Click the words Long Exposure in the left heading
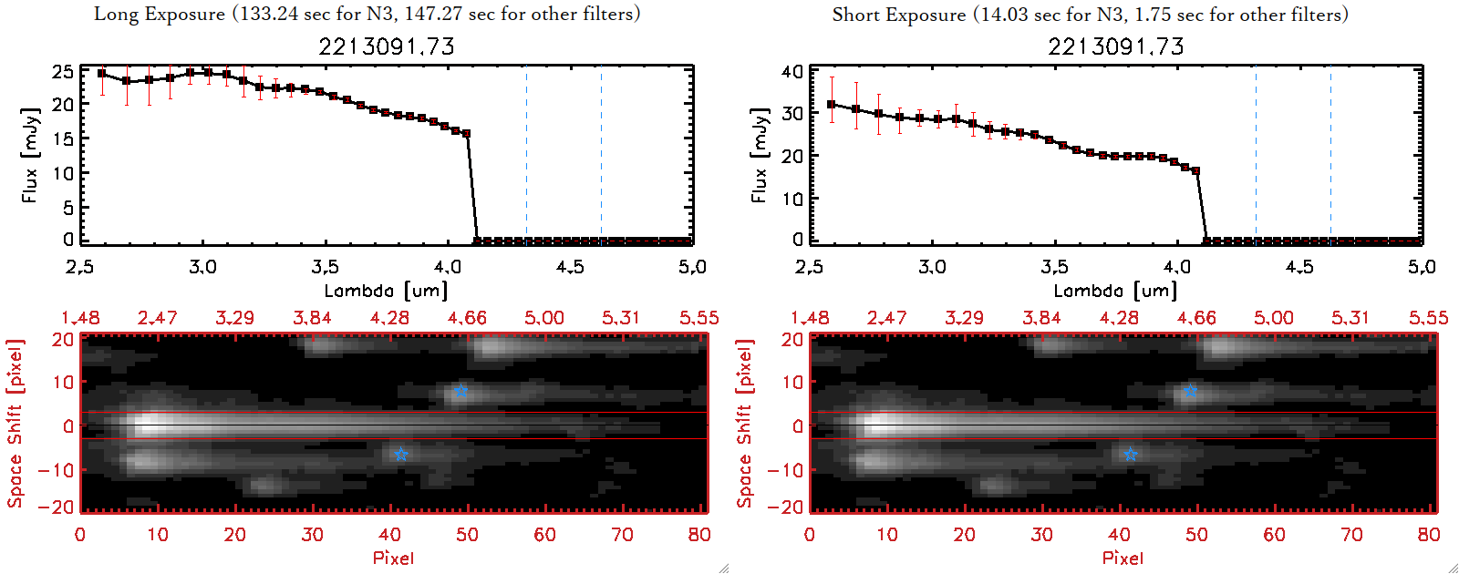pyautogui.click(x=160, y=14)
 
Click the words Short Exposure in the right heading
pyautogui.click(x=898, y=15)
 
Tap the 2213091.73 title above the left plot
pyautogui.click(x=387, y=46)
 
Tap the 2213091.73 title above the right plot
pyautogui.click(x=1116, y=46)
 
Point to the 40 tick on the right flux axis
pyautogui.click(x=792, y=72)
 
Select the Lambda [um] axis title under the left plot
pyautogui.click(x=386, y=291)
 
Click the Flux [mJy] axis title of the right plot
pyautogui.click(x=759, y=155)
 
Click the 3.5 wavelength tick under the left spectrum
pyautogui.click(x=325, y=267)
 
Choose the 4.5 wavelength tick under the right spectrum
pyautogui.click(x=1299, y=267)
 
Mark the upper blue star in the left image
pyautogui.click(x=460, y=391)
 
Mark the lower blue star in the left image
pyautogui.click(x=400, y=454)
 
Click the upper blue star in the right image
pyautogui.click(x=1190, y=391)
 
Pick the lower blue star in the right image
pyautogui.click(x=1130, y=454)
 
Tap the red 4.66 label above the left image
pyautogui.click(x=467, y=318)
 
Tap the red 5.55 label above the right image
pyautogui.click(x=1428, y=318)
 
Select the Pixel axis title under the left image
pyautogui.click(x=393, y=558)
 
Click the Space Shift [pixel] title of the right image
pyautogui.click(x=745, y=423)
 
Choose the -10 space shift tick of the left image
pyautogui.click(x=57, y=469)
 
